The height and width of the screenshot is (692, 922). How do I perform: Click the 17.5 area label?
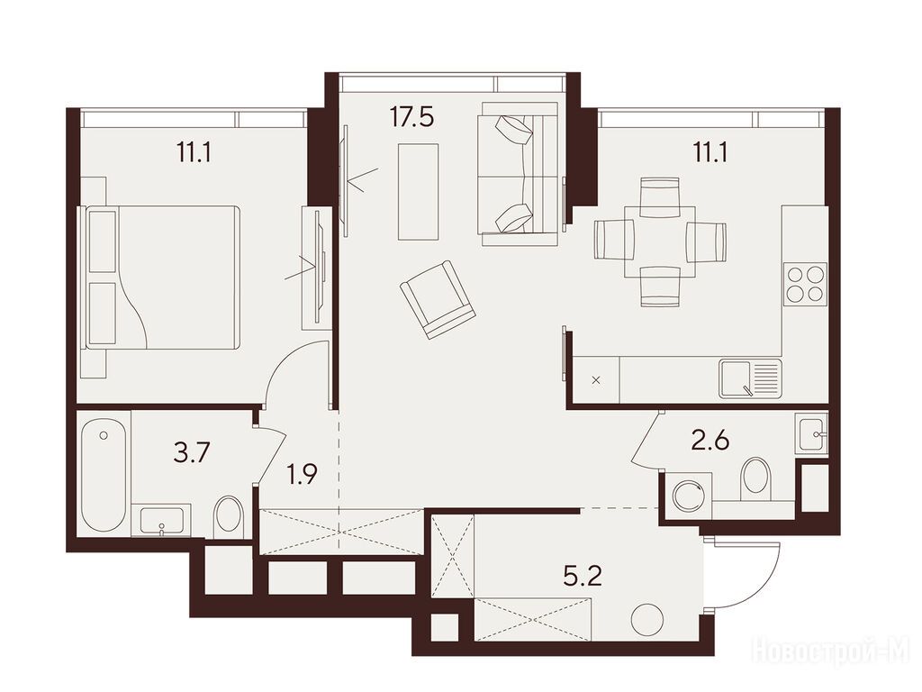411,117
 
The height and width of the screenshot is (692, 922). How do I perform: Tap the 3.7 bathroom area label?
193,454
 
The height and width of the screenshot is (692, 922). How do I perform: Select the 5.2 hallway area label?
583,578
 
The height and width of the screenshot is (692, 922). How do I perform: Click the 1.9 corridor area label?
303,474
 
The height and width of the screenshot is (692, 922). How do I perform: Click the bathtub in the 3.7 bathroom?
104,475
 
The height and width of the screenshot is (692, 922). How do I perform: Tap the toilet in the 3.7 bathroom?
230,516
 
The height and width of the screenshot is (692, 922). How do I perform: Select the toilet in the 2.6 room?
755,478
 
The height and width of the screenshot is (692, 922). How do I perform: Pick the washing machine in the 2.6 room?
687,495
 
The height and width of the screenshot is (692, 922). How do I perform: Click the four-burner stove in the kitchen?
804,284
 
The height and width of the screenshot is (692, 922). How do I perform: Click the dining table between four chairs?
659,241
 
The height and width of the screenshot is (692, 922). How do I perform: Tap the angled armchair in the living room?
438,300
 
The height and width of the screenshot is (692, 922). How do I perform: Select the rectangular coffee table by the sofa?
418,192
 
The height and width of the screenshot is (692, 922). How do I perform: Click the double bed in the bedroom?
163,278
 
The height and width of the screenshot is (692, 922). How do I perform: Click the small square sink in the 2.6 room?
811,433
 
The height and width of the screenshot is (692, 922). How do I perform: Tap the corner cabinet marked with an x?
596,379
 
